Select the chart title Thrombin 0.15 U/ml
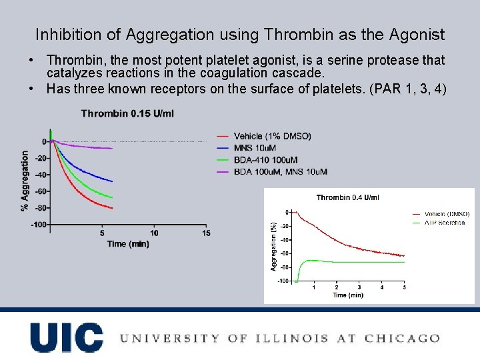point(127,113)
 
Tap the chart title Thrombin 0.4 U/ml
point(347,197)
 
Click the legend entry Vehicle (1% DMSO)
point(272,136)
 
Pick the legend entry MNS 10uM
point(255,148)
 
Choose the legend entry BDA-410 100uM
point(265,160)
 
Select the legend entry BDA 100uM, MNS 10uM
point(280,172)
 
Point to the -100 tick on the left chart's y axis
point(39,225)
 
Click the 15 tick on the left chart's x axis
point(206,233)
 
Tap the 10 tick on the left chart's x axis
point(154,233)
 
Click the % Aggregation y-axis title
point(25,181)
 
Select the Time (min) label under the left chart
point(127,244)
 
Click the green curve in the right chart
point(360,262)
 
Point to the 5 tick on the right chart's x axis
point(404,287)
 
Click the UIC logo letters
point(67,337)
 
